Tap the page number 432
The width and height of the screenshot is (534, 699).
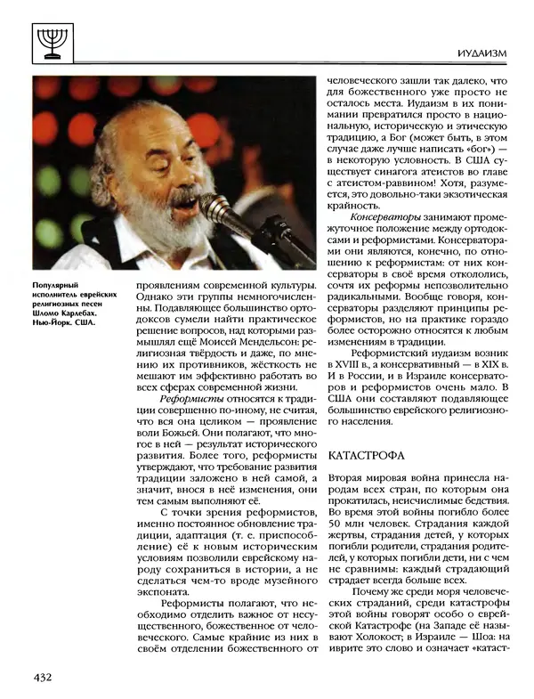click(41, 677)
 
